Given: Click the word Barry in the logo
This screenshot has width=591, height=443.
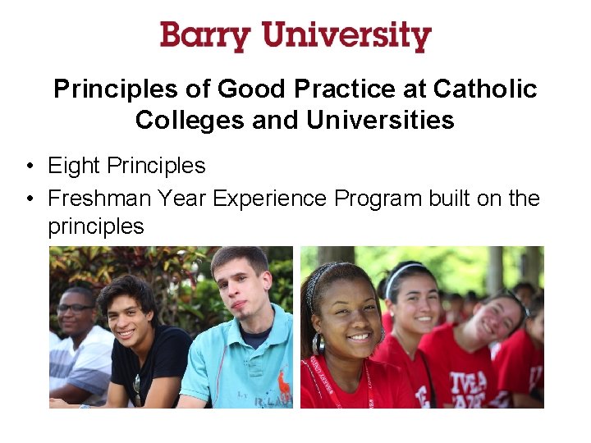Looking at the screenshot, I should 205,37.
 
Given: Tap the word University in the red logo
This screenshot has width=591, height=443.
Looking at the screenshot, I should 346,37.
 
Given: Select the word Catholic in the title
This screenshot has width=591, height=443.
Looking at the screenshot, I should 485,89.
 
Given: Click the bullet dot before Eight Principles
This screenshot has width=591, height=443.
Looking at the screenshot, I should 29,167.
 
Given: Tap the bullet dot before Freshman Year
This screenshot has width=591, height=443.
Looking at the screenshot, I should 29,199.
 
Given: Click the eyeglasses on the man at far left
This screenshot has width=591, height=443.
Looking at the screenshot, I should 75,308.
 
